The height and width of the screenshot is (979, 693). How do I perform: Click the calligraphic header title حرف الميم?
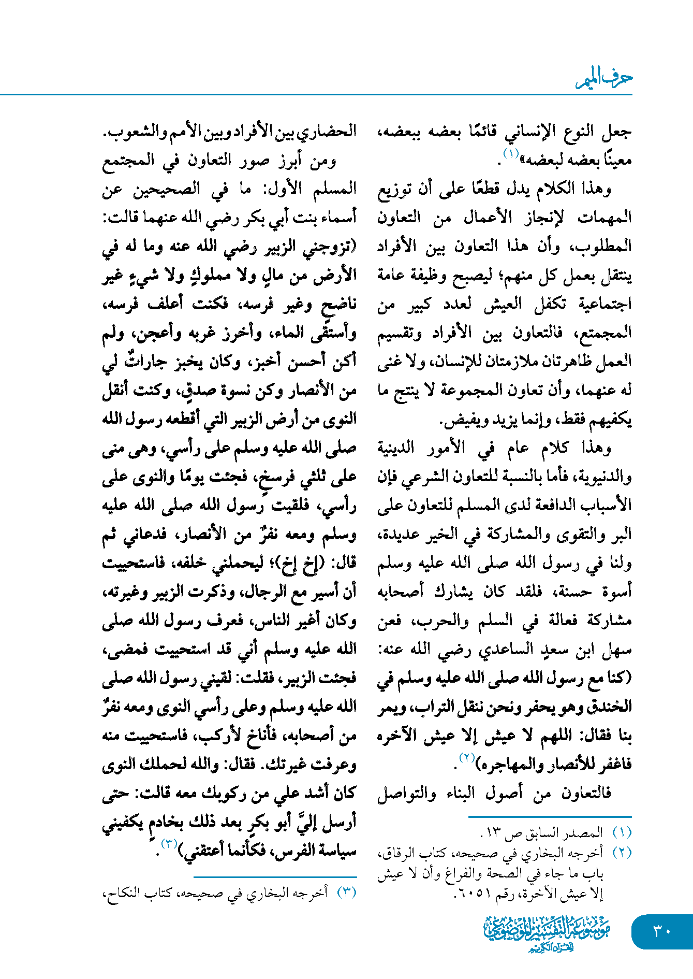(x=604, y=79)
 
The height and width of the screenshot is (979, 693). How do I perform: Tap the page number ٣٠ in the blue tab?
(x=661, y=931)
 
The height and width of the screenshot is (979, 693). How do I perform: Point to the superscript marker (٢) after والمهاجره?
(x=466, y=758)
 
